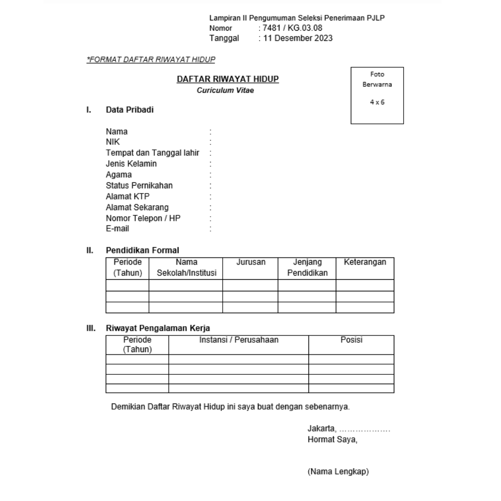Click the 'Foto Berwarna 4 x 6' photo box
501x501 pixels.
pyautogui.click(x=377, y=95)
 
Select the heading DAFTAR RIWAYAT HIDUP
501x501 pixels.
pyautogui.click(x=227, y=80)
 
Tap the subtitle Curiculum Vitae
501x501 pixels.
pyautogui.click(x=227, y=90)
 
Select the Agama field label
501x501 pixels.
pyautogui.click(x=119, y=175)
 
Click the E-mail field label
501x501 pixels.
pyautogui.click(x=117, y=229)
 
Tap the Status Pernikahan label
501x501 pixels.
pyautogui.click(x=139, y=186)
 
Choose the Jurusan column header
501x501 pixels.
pyautogui.click(x=250, y=263)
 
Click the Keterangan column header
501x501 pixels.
pyautogui.click(x=365, y=263)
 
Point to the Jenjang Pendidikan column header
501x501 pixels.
pyautogui.click(x=307, y=268)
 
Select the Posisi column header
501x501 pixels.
pyautogui.click(x=351, y=340)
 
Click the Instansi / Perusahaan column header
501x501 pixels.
pyautogui.click(x=238, y=340)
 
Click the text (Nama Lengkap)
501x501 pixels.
pyautogui.click(x=338, y=472)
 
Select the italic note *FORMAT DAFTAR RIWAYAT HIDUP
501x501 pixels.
pyautogui.click(x=151, y=59)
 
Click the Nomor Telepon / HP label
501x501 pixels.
pyautogui.click(x=143, y=218)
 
